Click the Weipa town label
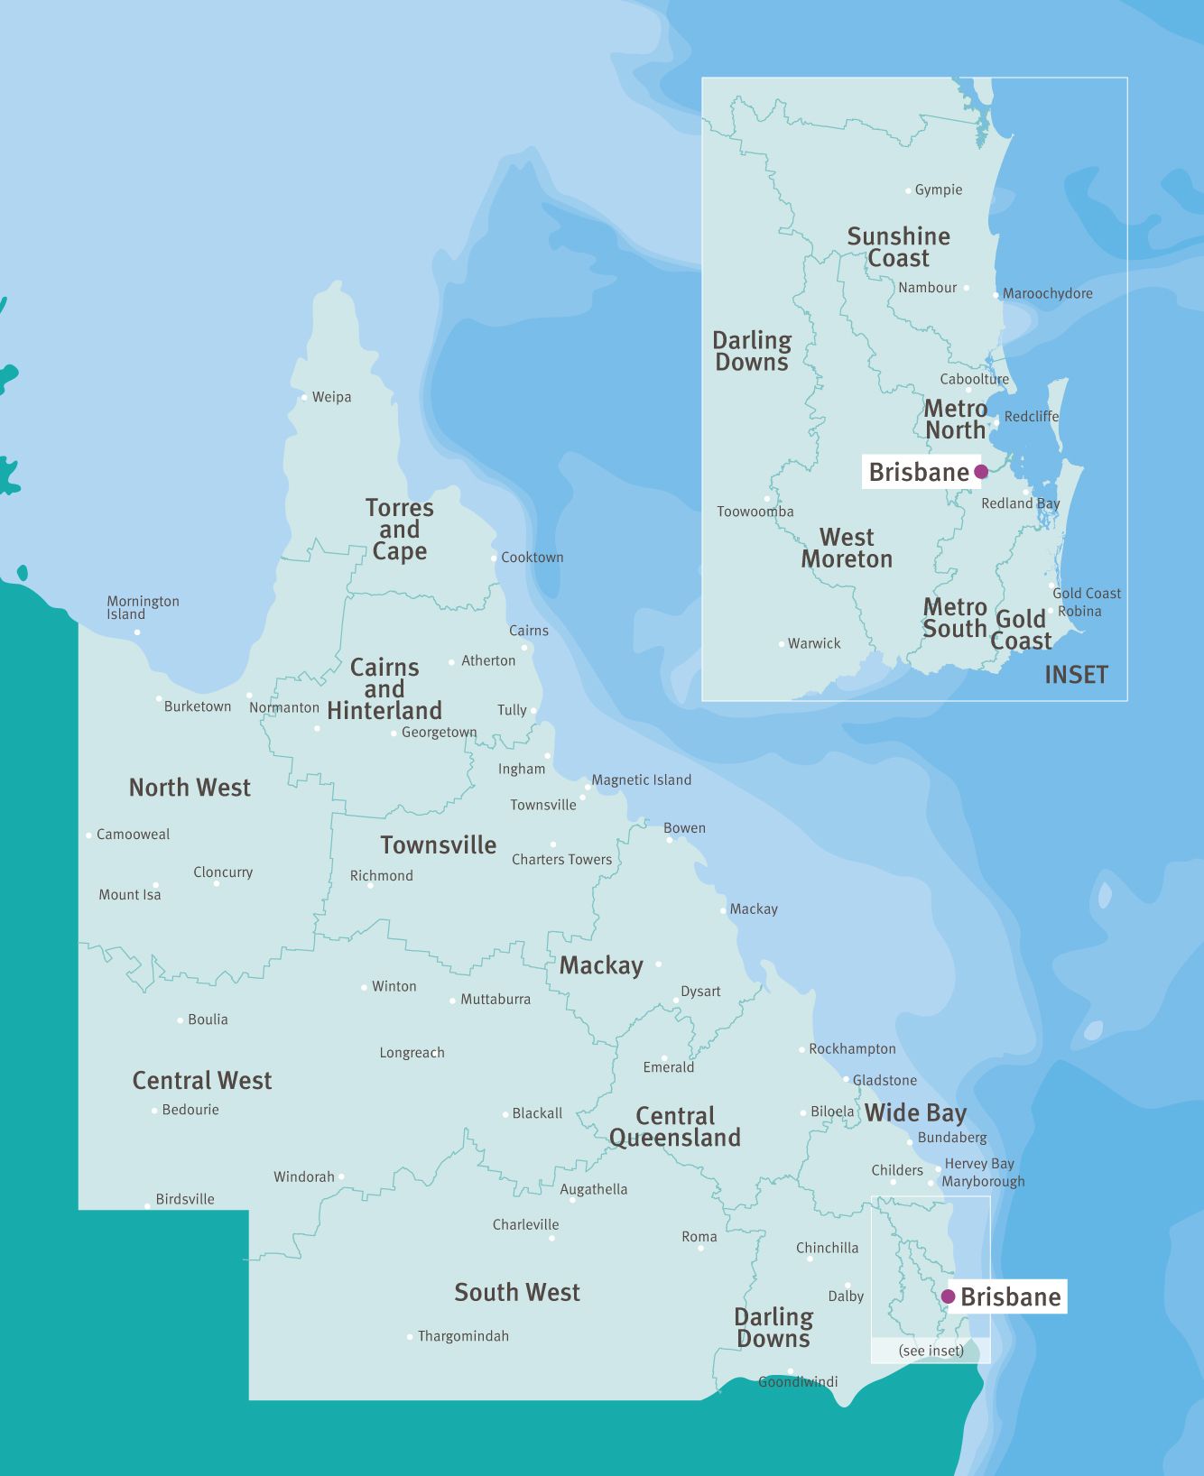[331, 397]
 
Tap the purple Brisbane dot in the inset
[981, 472]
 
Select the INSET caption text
[1076, 675]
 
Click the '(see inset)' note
[931, 1351]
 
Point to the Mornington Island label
[143, 607]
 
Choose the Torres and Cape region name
[400, 530]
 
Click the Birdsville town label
[185, 1199]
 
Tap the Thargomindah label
[463, 1336]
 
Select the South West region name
[517, 1293]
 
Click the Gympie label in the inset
[939, 189]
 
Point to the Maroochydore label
[1047, 293]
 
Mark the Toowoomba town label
[755, 512]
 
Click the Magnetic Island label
[642, 780]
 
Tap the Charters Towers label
[561, 860]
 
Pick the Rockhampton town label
[852, 1048]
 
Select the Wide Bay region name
[915, 1112]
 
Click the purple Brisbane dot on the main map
[948, 1296]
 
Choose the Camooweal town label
[133, 835]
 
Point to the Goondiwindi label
[798, 1381]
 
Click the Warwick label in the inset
[814, 643]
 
